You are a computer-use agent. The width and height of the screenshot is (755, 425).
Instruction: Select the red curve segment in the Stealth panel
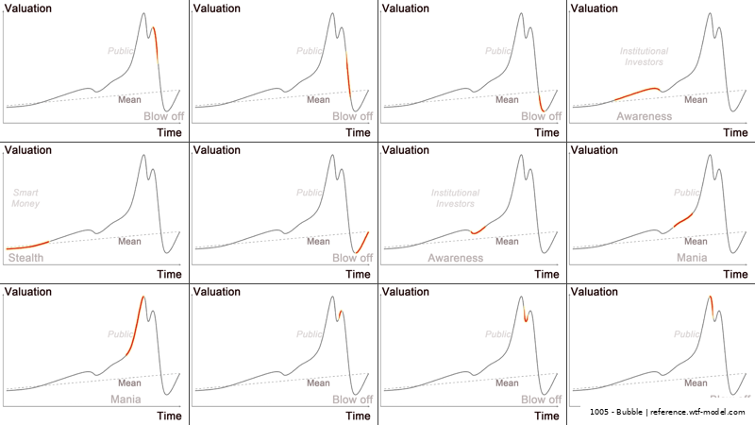[28, 246]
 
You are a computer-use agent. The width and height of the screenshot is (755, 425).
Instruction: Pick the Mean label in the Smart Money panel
[129, 241]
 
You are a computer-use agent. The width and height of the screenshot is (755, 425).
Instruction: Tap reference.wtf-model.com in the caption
[698, 413]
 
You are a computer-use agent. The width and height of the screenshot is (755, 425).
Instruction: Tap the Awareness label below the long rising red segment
[645, 116]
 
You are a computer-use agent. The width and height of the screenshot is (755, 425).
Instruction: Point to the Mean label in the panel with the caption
[696, 382]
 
